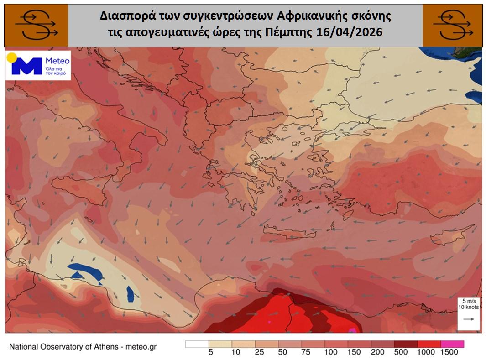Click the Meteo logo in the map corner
tap(38, 66)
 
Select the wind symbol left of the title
tap(36, 25)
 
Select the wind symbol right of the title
tap(452, 25)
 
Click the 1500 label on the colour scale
tap(449, 352)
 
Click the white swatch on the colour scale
tap(197, 344)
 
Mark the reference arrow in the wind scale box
tap(469, 320)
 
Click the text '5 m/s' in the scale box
tap(469, 301)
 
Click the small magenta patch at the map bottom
tap(352, 330)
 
